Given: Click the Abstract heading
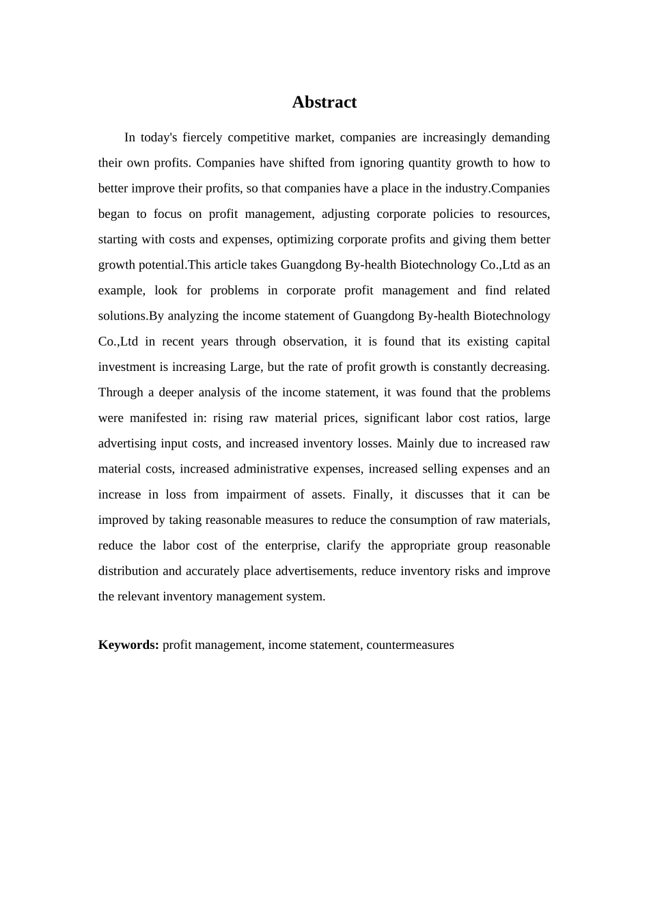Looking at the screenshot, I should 324,102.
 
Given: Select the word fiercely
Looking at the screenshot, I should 202,137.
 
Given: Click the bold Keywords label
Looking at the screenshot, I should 128,645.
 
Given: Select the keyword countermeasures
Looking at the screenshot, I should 410,645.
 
